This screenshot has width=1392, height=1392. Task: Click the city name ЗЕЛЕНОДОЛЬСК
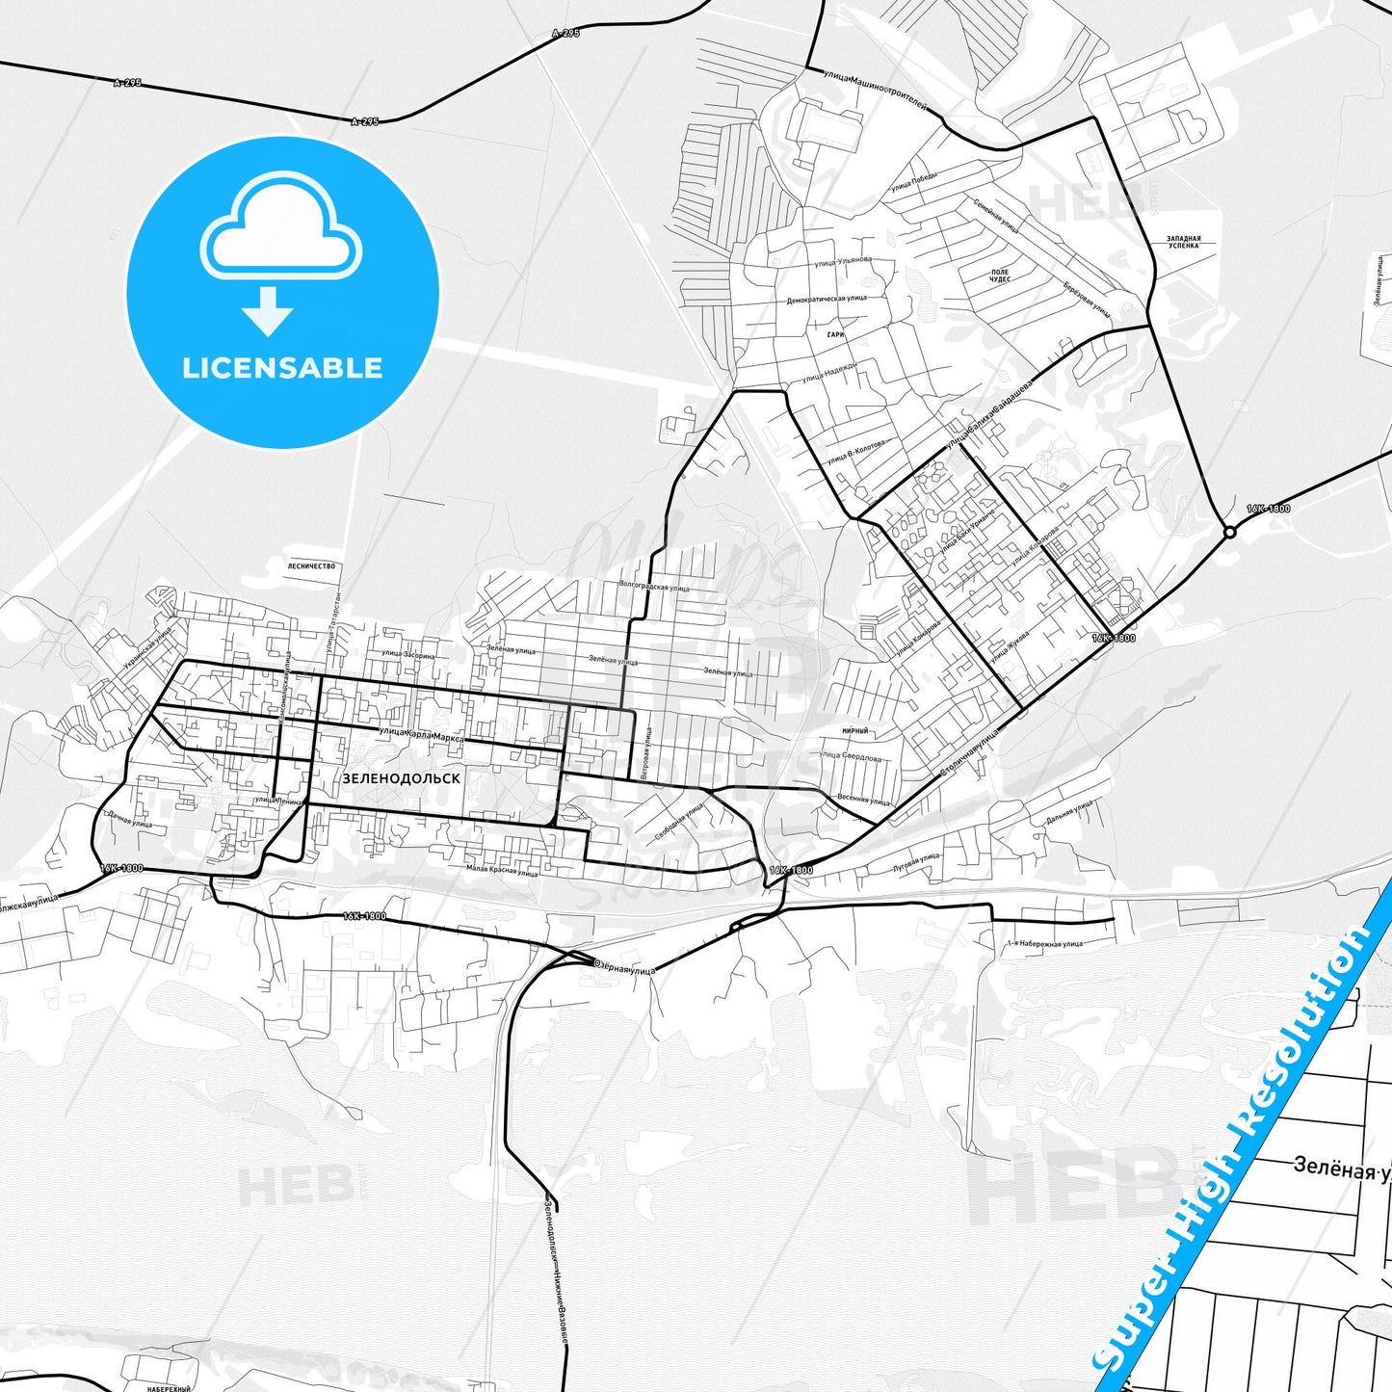(401, 777)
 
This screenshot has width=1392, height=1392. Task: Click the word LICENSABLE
(282, 367)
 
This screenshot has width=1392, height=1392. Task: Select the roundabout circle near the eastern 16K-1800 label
(1229, 532)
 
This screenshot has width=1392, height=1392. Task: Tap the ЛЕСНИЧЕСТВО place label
(311, 566)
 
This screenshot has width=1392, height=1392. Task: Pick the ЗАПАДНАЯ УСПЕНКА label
(1184, 242)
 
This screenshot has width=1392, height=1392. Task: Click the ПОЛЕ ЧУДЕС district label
(1000, 276)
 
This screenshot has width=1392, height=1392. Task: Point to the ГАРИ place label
(835, 334)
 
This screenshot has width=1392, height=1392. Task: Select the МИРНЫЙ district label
(854, 731)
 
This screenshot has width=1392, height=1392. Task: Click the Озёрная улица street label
(624, 967)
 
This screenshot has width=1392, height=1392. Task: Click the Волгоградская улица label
(654, 586)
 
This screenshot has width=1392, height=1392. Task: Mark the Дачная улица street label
(129, 820)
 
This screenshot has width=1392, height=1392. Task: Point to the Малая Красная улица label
(502, 871)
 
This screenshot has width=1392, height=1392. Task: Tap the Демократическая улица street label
(827, 300)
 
